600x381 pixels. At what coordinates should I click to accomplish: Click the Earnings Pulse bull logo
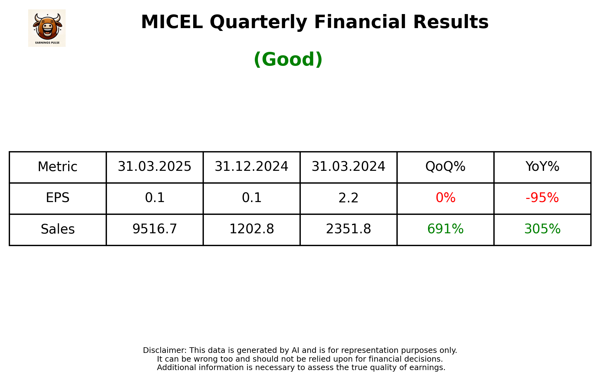coord(47,28)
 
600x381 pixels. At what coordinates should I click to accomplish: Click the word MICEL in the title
coord(172,22)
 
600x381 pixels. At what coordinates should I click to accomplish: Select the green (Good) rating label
coord(288,59)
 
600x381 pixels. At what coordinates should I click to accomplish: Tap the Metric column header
coord(58,167)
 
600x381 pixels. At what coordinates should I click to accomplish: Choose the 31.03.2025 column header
coord(154,167)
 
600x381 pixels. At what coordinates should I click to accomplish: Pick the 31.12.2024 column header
coord(251,167)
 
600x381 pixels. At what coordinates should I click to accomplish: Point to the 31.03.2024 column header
coord(348,167)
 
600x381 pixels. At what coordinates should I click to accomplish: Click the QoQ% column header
coord(445,167)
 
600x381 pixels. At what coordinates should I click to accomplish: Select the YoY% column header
coord(542,167)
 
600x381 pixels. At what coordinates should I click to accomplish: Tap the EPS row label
coord(58,198)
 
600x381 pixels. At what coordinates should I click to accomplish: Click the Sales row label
coord(58,229)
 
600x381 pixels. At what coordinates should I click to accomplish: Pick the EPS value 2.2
coord(348,198)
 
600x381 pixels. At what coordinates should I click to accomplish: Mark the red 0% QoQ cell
coord(445,198)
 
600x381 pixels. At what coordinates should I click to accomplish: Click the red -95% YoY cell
coord(542,198)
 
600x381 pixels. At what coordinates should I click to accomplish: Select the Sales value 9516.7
coord(154,229)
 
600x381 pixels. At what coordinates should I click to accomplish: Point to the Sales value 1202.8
coord(251,229)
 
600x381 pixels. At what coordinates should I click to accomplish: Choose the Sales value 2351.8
coord(348,229)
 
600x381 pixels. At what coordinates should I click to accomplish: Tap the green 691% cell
coord(445,229)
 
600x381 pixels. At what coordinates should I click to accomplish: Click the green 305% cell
coord(542,229)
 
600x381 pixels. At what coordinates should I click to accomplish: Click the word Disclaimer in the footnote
coord(164,350)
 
